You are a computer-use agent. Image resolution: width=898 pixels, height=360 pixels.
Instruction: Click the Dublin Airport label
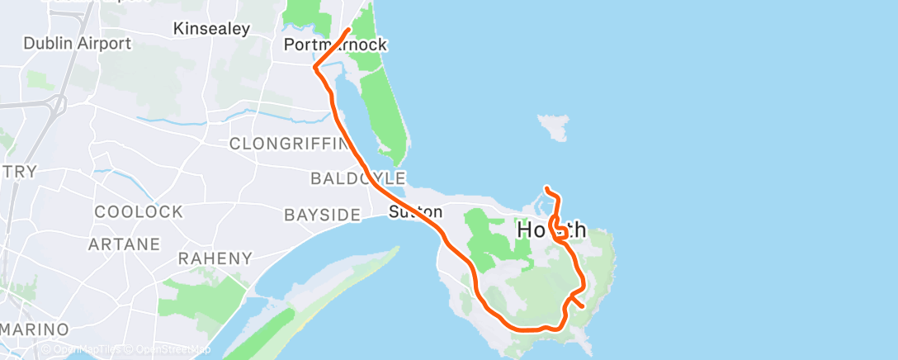(x=78, y=43)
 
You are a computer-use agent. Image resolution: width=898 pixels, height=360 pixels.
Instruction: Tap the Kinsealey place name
(x=211, y=29)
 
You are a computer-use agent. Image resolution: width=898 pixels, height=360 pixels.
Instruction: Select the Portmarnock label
(x=334, y=45)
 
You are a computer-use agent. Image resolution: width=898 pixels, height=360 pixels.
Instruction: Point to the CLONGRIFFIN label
(x=290, y=144)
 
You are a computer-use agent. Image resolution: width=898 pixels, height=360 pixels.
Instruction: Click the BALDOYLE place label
(x=357, y=178)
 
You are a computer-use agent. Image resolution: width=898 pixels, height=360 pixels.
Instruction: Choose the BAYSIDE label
(x=322, y=215)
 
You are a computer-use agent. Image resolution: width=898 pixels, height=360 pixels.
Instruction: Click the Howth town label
(x=551, y=230)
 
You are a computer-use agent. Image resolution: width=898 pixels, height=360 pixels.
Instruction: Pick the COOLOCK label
(x=139, y=211)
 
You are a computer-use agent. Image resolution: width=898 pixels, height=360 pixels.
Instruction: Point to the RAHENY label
(x=215, y=258)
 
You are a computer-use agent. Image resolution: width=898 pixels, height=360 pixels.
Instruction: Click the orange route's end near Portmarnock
(x=349, y=31)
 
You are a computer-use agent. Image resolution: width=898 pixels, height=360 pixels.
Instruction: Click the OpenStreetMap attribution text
(x=173, y=349)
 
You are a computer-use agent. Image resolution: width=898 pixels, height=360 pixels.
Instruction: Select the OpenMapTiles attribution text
(x=87, y=349)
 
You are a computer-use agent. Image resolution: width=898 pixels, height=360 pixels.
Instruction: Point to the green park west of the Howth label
(x=488, y=239)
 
